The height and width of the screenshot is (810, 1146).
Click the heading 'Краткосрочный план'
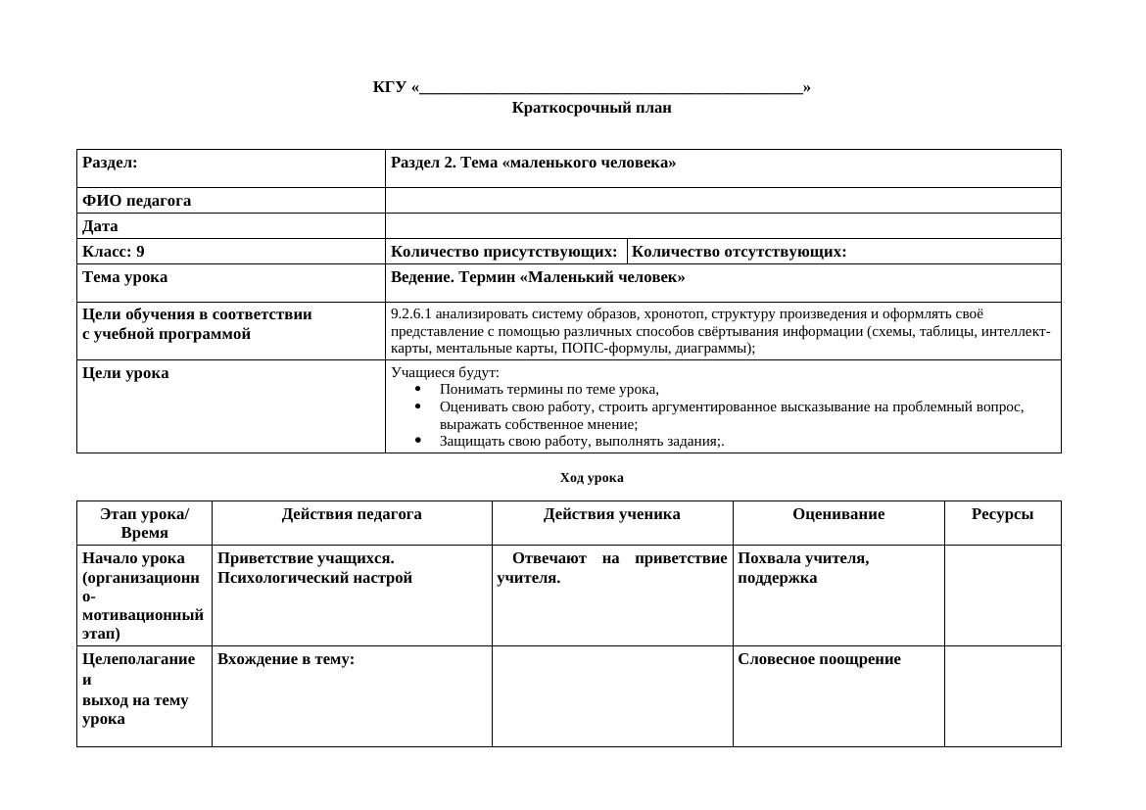pos(592,108)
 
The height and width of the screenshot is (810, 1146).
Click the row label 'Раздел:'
pos(110,163)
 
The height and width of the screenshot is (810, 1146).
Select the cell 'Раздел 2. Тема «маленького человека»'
pos(533,163)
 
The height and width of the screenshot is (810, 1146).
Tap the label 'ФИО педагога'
pos(137,201)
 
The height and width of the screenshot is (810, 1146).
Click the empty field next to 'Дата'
pos(723,226)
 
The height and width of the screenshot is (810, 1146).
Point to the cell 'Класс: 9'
pos(114,252)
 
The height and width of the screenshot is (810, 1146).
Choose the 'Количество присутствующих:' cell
pos(503,252)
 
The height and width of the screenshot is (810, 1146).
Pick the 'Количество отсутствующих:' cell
pos(740,252)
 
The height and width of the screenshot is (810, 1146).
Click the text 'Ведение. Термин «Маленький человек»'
pos(538,277)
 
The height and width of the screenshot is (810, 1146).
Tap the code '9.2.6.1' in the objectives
pos(410,314)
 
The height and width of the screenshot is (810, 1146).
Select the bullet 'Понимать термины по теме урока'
pos(549,389)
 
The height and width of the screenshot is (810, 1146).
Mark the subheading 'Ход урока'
pos(592,478)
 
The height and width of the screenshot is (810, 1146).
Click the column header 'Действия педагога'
pos(352,514)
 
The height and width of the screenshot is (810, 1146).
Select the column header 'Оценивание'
pos(838,514)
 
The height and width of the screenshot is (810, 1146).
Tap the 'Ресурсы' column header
pos(1002,514)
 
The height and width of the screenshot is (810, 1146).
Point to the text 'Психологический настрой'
pos(314,578)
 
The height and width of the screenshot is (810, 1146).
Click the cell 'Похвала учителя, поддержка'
pos(803,568)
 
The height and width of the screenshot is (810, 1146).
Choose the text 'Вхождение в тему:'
pos(286,659)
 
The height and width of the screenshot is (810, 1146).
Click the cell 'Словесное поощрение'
pos(819,659)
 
